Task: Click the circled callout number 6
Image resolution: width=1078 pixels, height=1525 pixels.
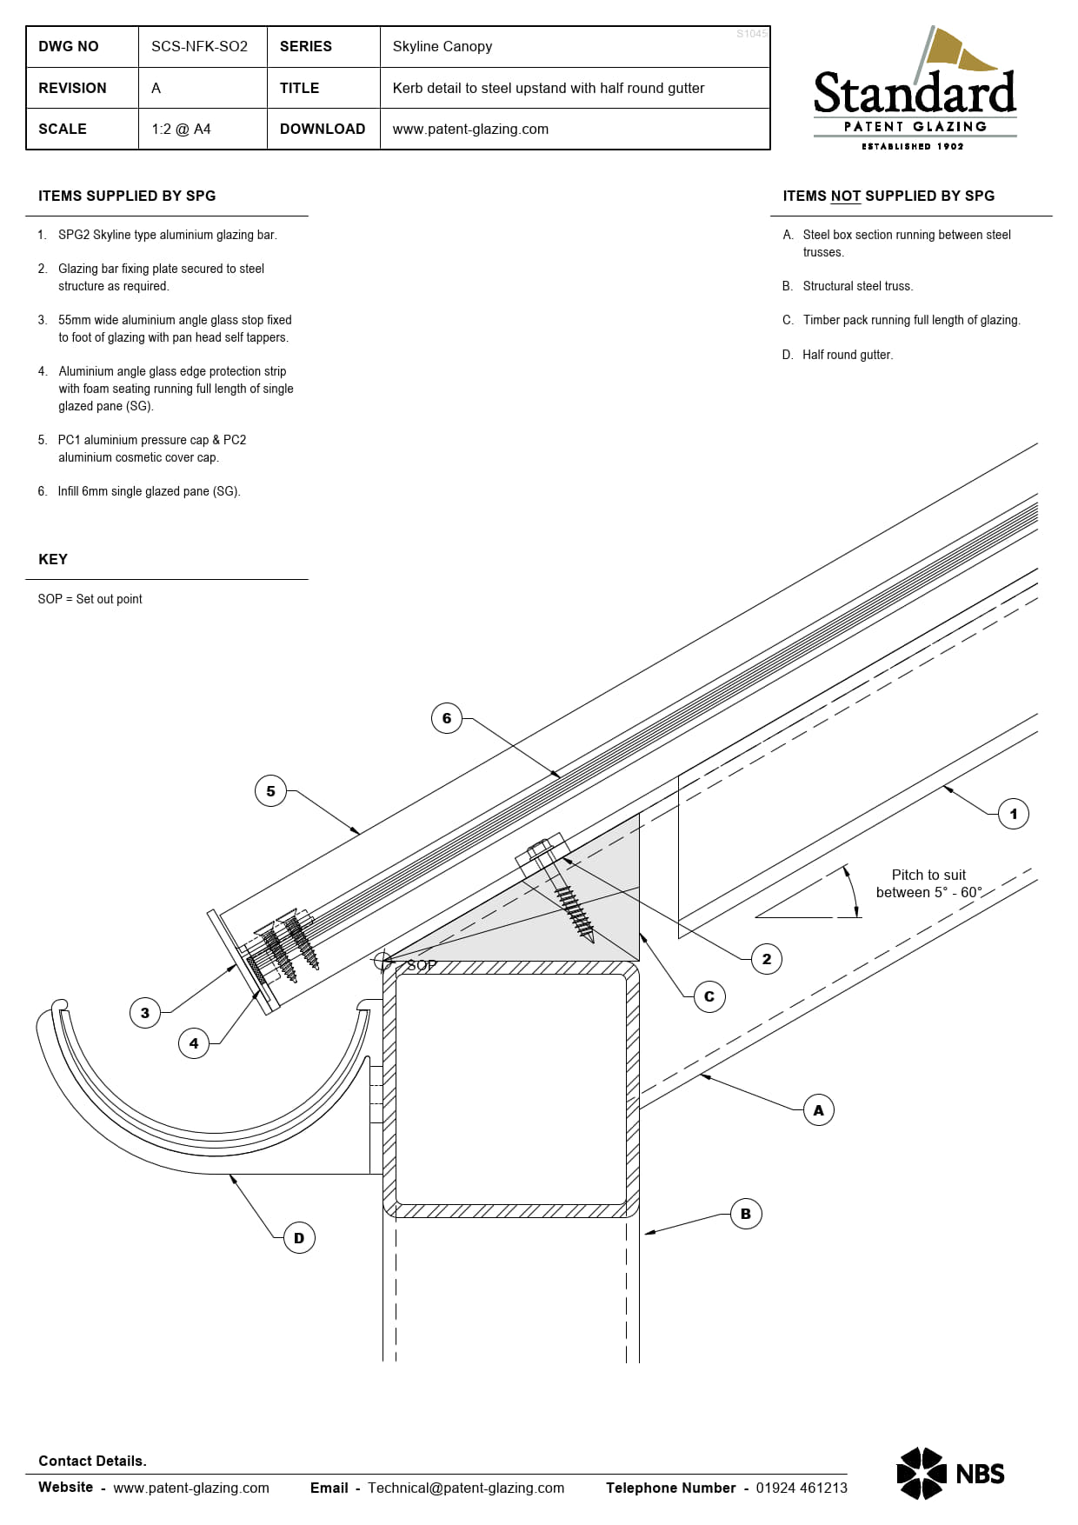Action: click(447, 718)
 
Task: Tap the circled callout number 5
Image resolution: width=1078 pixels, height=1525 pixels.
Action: click(270, 791)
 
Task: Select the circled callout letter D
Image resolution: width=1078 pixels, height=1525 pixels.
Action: click(299, 1238)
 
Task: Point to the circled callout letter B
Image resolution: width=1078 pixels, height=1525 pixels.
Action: click(746, 1214)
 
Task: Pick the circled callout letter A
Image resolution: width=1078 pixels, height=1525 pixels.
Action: click(818, 1110)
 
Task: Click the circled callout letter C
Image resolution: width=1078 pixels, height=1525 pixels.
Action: click(709, 996)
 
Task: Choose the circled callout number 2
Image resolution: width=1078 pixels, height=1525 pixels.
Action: click(767, 959)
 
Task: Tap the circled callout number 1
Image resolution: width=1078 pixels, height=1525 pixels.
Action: click(1013, 814)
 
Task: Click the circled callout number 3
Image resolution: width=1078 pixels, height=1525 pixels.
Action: click(145, 1013)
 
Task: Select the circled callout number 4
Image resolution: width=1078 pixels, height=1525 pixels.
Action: click(194, 1043)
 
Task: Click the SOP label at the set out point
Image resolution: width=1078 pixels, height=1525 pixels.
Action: click(422, 965)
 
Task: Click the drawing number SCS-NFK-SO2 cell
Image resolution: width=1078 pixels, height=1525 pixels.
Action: click(200, 46)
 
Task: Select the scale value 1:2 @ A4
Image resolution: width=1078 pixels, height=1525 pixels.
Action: click(181, 129)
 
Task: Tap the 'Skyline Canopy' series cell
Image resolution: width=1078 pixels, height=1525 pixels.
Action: click(443, 46)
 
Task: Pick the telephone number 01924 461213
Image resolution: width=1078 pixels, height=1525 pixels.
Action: click(802, 1488)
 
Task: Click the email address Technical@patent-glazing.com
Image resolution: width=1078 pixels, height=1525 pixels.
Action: click(466, 1488)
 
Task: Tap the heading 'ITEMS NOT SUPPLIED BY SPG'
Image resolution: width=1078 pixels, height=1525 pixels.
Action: click(888, 196)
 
